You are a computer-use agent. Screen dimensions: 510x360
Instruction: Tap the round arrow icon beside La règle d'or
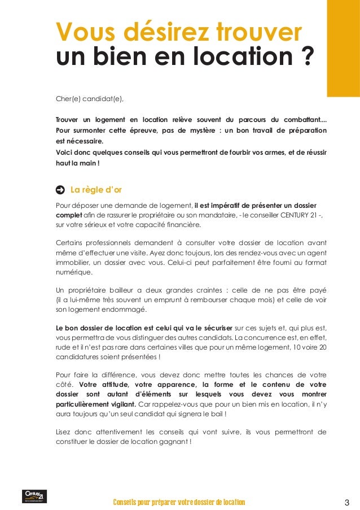60,189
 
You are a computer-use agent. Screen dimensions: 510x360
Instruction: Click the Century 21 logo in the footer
34,496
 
